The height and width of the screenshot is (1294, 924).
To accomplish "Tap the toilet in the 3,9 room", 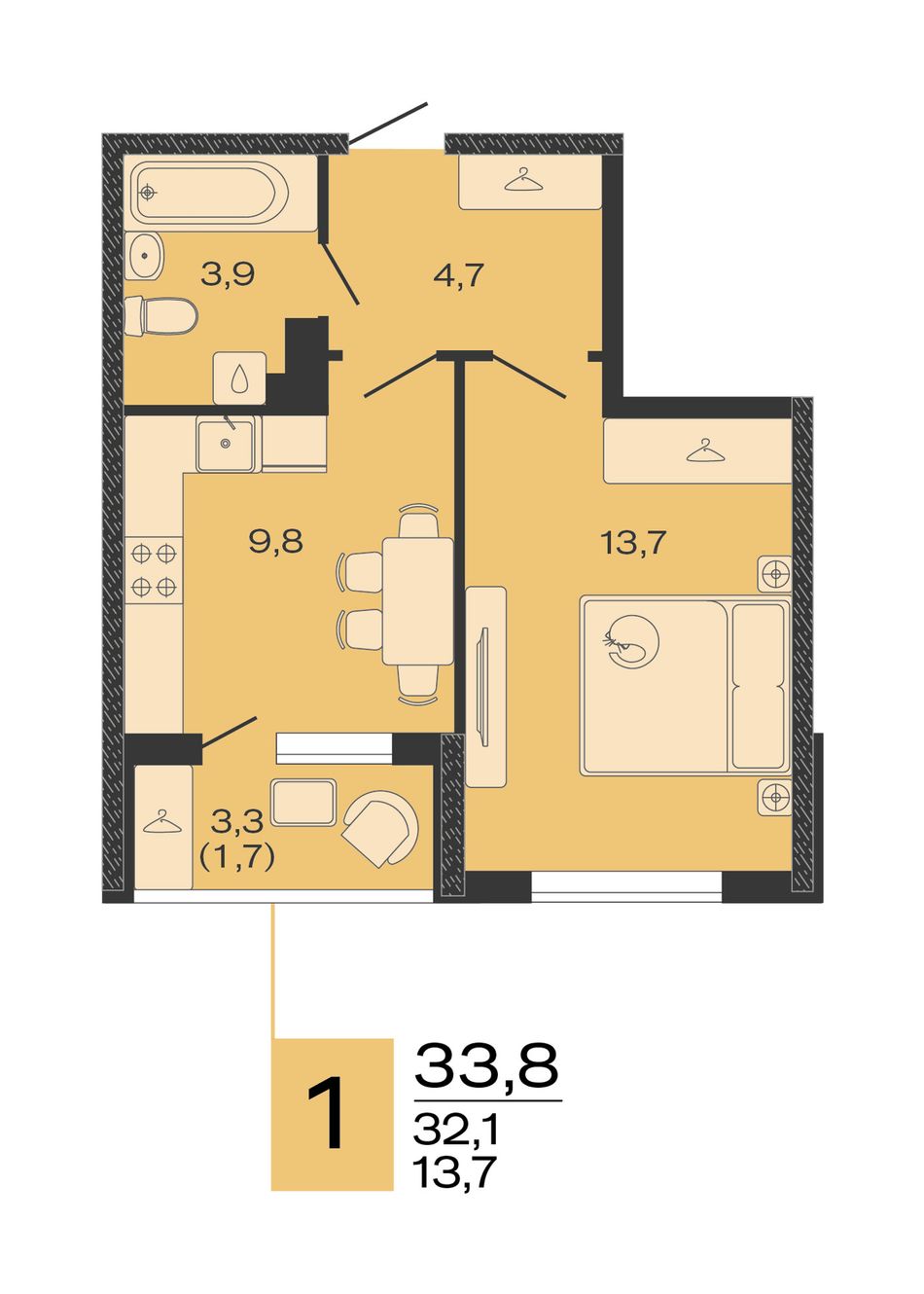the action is click(161, 315).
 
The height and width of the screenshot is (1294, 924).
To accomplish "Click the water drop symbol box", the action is click(239, 378).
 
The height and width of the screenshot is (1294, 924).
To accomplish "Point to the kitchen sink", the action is click(226, 445).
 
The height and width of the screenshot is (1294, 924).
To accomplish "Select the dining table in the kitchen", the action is click(417, 601).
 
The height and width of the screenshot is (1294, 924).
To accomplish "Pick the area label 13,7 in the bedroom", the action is click(633, 543).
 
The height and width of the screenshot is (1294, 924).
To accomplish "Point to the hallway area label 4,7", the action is click(458, 275).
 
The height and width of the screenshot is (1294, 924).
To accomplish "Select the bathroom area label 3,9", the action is click(228, 274).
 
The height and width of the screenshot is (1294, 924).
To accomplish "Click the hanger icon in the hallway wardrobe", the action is click(524, 179).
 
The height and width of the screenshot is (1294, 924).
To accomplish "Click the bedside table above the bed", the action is click(774, 574).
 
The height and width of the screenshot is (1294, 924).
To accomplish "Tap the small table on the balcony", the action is click(303, 802).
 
